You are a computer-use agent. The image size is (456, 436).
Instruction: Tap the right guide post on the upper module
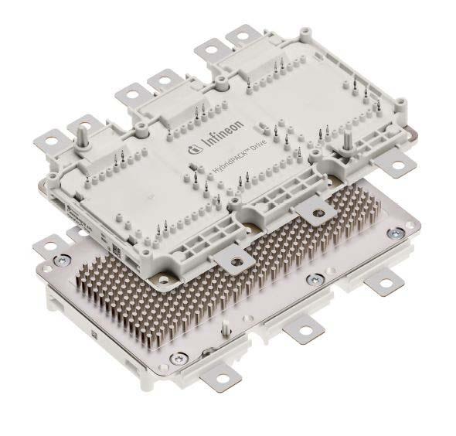pos(349,139)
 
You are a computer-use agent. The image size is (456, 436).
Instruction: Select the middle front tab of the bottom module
pos(301,335)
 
